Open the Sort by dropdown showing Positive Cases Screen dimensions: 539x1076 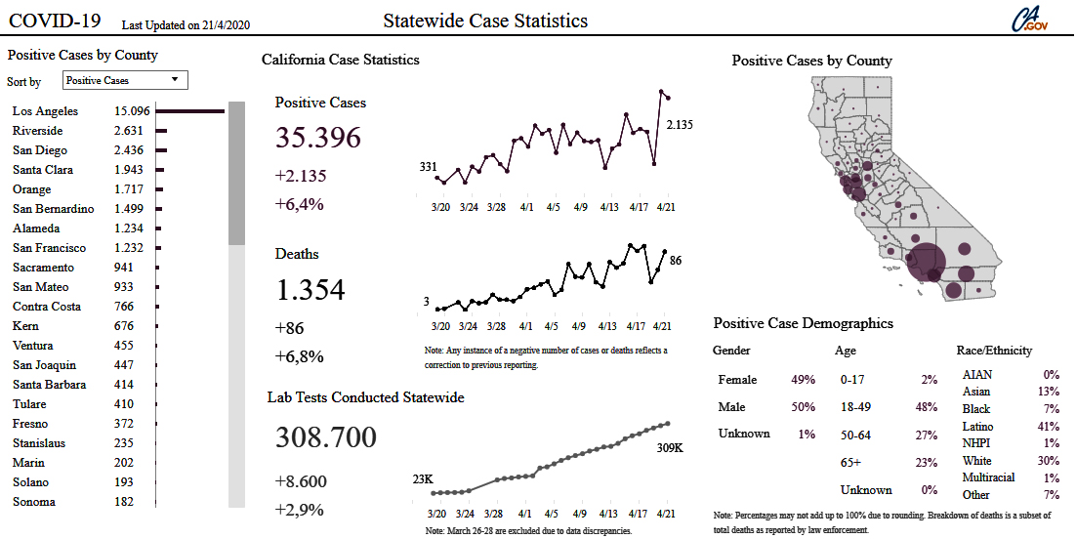pos(125,80)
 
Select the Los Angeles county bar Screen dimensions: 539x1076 pos(189,111)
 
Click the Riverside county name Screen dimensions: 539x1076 pos(38,131)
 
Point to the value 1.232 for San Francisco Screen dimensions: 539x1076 pos(129,248)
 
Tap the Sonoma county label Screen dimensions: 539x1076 pos(34,502)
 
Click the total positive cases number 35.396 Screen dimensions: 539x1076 pos(318,138)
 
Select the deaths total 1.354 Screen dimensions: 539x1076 pos(310,290)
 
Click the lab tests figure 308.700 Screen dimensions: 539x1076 pos(326,437)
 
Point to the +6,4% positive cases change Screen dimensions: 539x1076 pos(300,204)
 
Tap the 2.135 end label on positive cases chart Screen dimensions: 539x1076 pos(680,124)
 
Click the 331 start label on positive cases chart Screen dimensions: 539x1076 pos(429,167)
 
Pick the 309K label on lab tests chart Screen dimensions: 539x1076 pos(670,447)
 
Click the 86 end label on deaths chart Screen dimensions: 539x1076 pos(676,261)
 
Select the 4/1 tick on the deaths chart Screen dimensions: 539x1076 pos(526,325)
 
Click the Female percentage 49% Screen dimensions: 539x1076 pos(803,380)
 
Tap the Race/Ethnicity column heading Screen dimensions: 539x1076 pos(994,351)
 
